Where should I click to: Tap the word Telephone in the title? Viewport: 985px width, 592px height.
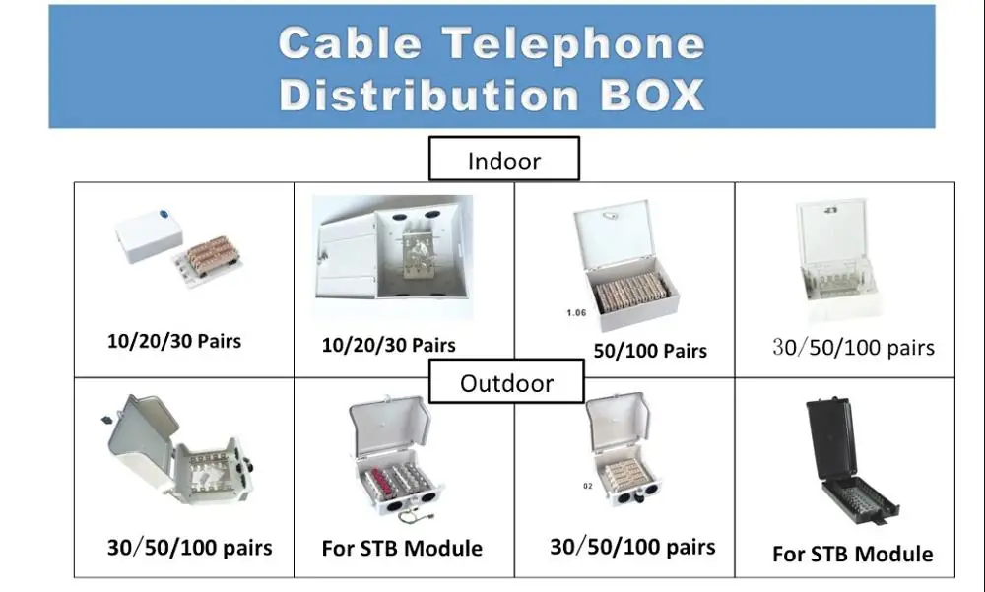(x=573, y=43)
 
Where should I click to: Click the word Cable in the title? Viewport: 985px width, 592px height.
(x=351, y=43)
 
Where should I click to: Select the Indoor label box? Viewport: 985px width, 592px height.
(x=503, y=160)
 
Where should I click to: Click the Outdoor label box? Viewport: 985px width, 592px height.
(x=506, y=383)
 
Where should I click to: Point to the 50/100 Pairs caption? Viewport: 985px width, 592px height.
(x=649, y=350)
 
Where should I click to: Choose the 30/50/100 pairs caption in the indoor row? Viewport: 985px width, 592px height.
(x=853, y=347)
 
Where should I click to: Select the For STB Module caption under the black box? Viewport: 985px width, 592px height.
(x=852, y=554)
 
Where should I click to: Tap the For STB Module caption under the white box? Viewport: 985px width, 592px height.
(x=402, y=548)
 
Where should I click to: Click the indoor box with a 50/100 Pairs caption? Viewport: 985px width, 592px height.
(x=626, y=265)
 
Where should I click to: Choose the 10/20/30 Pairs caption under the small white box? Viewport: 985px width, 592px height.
(x=173, y=341)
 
